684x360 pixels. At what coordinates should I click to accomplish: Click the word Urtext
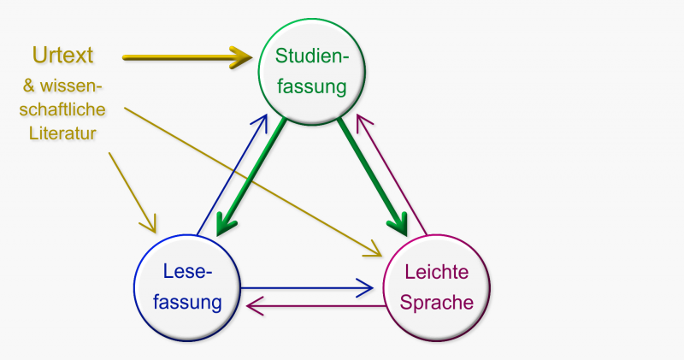62,56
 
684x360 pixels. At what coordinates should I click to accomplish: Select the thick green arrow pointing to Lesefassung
251,176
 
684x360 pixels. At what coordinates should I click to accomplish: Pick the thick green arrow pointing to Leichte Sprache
371,175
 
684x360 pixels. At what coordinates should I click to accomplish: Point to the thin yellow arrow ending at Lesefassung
131,192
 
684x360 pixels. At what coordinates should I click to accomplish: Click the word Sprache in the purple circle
437,302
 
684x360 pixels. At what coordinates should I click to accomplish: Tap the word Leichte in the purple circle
437,273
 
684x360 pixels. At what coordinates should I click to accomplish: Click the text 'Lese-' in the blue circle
187,273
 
